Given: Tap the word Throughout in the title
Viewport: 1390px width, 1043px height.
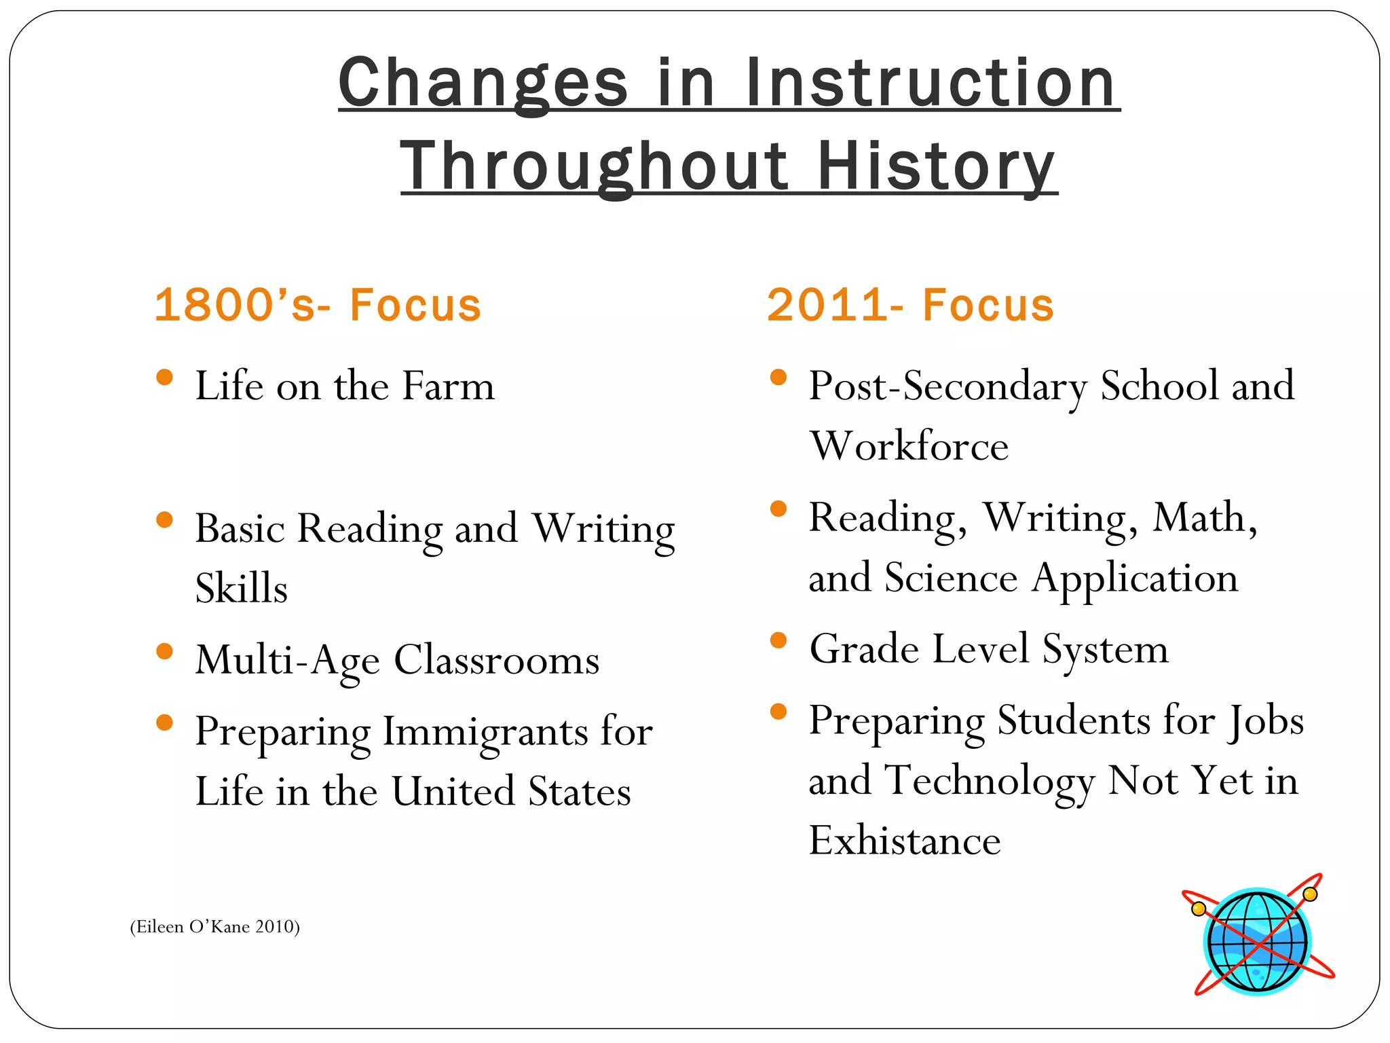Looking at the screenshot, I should (x=595, y=166).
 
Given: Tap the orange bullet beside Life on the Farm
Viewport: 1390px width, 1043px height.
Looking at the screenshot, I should (x=164, y=377).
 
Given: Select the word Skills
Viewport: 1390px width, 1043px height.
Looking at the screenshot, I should (x=241, y=588).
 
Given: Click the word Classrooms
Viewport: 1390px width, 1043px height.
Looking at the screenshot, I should (x=497, y=660).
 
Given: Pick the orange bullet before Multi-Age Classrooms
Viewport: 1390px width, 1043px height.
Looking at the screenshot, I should (x=164, y=652).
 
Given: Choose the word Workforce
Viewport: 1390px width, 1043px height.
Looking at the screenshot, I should (x=909, y=446).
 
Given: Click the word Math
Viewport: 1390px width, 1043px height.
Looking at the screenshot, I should (x=1205, y=517).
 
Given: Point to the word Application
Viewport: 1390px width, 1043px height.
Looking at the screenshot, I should (x=1135, y=579).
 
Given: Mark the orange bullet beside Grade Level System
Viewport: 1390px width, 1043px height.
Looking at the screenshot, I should (x=778, y=640).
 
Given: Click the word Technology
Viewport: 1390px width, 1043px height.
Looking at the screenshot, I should (x=991, y=781).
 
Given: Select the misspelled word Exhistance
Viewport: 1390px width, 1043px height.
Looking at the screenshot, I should (x=905, y=841).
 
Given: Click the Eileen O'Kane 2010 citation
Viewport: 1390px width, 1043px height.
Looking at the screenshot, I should (x=214, y=927).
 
